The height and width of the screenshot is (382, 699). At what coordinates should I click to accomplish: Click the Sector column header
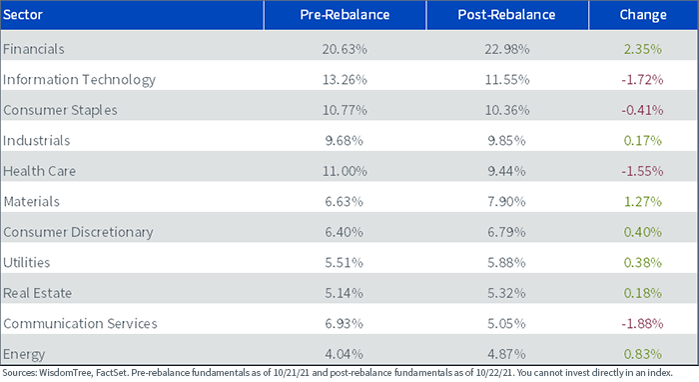click(23, 15)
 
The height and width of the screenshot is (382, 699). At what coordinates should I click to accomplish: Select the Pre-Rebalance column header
click(345, 15)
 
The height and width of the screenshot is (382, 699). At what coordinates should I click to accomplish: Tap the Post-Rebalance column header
click(506, 15)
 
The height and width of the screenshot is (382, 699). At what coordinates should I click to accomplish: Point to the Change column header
click(643, 15)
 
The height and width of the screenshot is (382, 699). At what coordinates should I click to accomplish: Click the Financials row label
click(34, 49)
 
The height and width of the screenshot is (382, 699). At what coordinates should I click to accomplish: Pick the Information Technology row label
click(79, 80)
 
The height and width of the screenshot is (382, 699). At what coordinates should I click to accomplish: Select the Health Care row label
click(39, 171)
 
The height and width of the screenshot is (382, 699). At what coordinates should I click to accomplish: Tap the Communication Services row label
click(80, 324)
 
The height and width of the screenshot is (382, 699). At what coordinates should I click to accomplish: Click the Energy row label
click(24, 354)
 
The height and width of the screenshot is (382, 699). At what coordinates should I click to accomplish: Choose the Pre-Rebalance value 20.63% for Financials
click(345, 49)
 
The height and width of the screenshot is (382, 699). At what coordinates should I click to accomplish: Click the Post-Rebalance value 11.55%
click(507, 80)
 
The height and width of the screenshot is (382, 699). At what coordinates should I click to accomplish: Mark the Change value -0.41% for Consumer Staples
click(642, 110)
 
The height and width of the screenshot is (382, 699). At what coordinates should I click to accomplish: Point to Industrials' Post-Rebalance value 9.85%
click(506, 141)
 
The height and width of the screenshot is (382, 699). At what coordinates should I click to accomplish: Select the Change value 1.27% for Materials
click(643, 202)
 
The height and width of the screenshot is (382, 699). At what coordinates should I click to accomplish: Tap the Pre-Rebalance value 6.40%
click(345, 232)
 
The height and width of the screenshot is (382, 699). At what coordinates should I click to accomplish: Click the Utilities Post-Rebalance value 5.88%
click(506, 262)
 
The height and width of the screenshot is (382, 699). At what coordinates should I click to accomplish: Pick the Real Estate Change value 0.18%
click(643, 293)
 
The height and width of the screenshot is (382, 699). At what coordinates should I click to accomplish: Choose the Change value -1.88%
click(642, 324)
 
